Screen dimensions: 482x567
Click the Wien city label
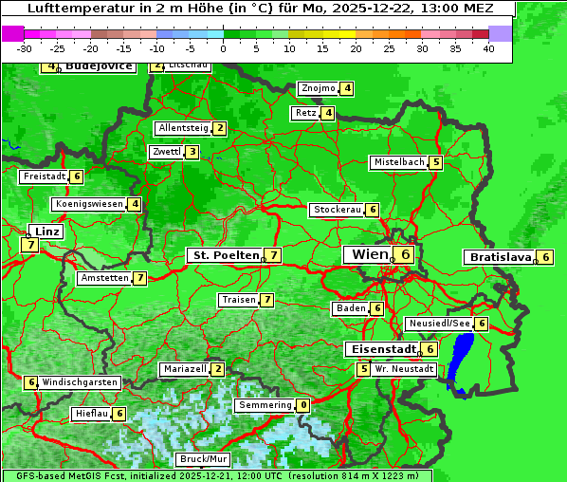(368, 254)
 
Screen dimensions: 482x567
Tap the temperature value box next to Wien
(405, 254)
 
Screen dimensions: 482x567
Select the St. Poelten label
(224, 255)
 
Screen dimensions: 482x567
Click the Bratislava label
(499, 257)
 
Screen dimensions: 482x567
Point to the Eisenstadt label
(380, 349)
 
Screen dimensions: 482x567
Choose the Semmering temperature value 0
(302, 405)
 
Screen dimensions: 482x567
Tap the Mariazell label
(184, 368)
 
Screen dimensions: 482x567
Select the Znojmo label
(318, 88)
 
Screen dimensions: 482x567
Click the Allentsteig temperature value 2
(219, 128)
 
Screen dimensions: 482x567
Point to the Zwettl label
(166, 152)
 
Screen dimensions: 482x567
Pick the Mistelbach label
(398, 162)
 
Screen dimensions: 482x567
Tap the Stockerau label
(336, 210)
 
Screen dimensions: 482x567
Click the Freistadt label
(43, 176)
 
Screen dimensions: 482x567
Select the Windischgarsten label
(80, 382)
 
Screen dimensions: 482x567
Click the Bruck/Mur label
(204, 459)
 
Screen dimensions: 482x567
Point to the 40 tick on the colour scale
(488, 48)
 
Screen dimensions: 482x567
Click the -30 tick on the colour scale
(25, 48)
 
